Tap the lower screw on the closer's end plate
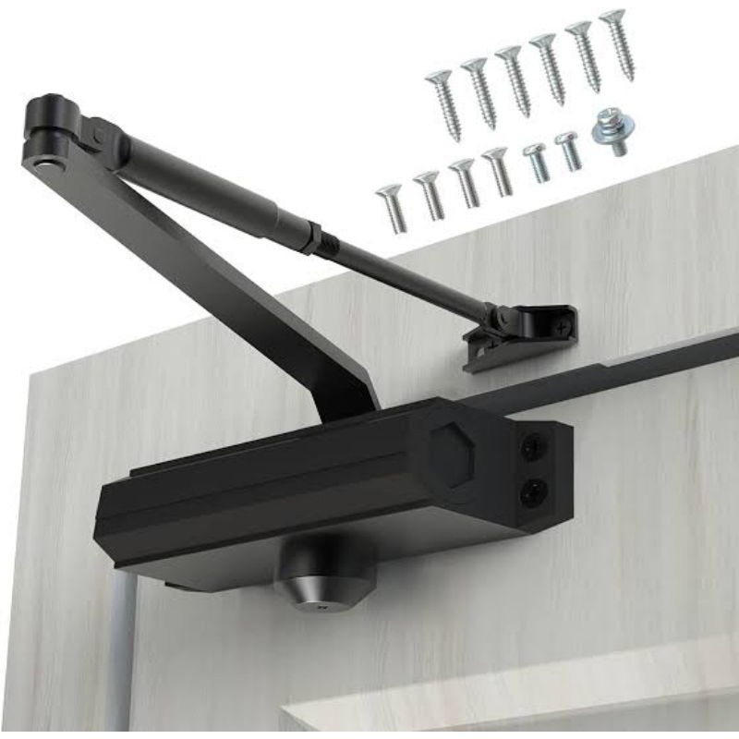click(533, 492)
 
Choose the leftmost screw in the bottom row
click(392, 209)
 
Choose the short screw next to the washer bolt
click(569, 151)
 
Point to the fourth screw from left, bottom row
click(499, 171)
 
